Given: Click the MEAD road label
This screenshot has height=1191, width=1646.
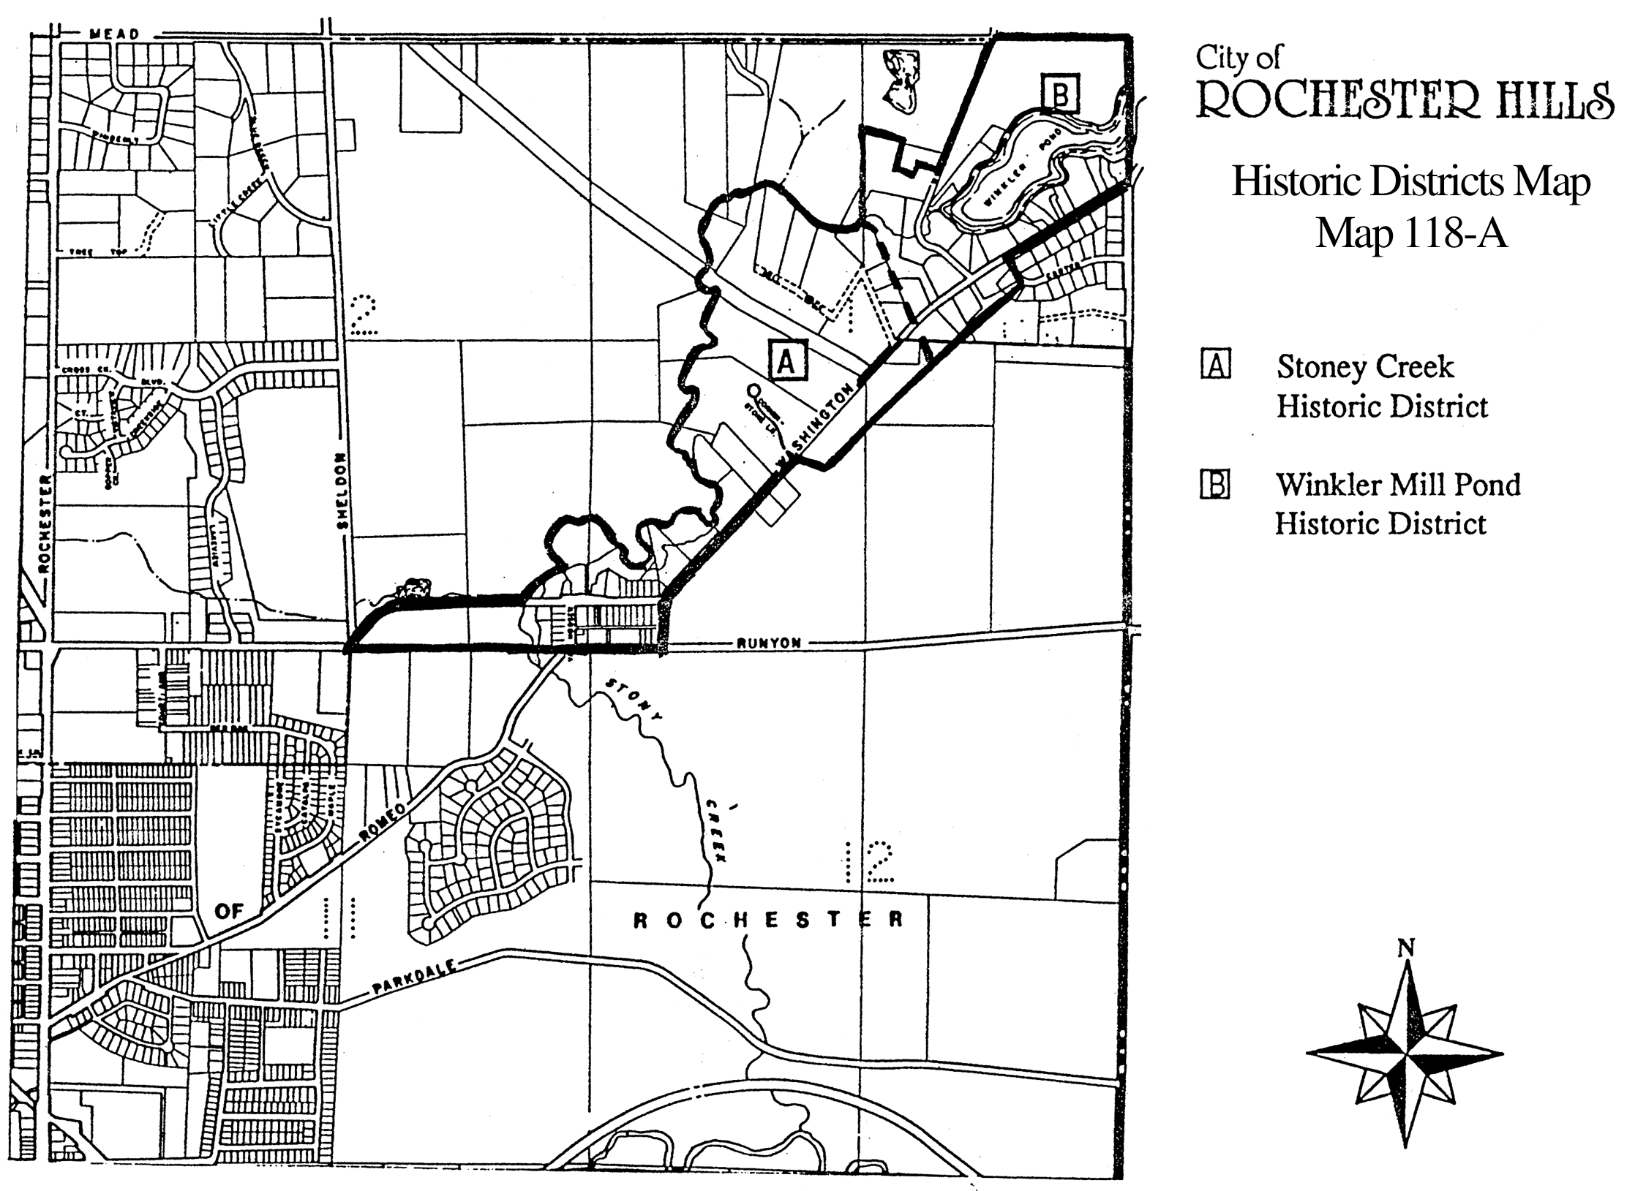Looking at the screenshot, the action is pos(113,34).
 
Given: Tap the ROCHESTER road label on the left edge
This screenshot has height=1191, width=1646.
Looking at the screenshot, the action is pos(44,523).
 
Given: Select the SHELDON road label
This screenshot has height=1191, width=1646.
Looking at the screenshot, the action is pos(342,491).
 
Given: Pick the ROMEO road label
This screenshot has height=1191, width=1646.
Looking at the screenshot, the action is pos(382,823).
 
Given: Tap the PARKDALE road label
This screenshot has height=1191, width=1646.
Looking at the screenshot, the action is pos(414,978).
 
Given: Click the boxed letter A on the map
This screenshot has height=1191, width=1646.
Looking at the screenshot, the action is pos(786,360).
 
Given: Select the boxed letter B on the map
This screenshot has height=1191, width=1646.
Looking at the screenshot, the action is pos(1061,94).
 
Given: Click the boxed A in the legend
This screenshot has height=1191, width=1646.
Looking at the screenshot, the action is pos(1216,364).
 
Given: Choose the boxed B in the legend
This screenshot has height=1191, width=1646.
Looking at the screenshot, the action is pos(1215,483).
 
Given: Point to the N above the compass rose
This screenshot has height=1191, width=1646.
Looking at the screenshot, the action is pos(1405,949).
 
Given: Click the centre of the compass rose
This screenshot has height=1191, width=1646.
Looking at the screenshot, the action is pos(1405,1054).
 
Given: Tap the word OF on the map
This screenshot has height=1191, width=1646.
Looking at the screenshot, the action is pos(229,911).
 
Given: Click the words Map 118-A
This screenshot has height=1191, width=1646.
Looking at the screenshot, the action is pos(1411,234).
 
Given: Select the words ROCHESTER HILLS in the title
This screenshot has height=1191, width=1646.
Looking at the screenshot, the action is pos(1405,100).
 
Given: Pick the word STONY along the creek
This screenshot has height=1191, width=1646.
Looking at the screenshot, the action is pos(634,699).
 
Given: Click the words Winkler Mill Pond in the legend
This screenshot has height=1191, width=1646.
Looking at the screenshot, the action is pos(1398,485).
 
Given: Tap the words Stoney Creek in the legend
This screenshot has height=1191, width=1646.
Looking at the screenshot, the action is pos(1365,366).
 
